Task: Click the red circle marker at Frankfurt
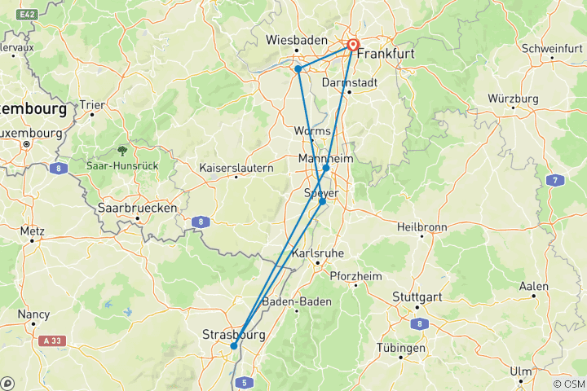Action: coord(354,46)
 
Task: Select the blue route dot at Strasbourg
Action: coord(234,345)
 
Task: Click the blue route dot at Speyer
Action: coord(323,201)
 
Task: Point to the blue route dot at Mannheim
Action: coord(326,168)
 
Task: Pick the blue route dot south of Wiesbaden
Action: coord(298,69)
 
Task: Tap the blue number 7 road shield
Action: coord(555,180)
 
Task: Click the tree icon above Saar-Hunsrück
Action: coord(122,151)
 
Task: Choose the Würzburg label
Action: coord(514,99)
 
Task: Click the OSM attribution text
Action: coord(568,384)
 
